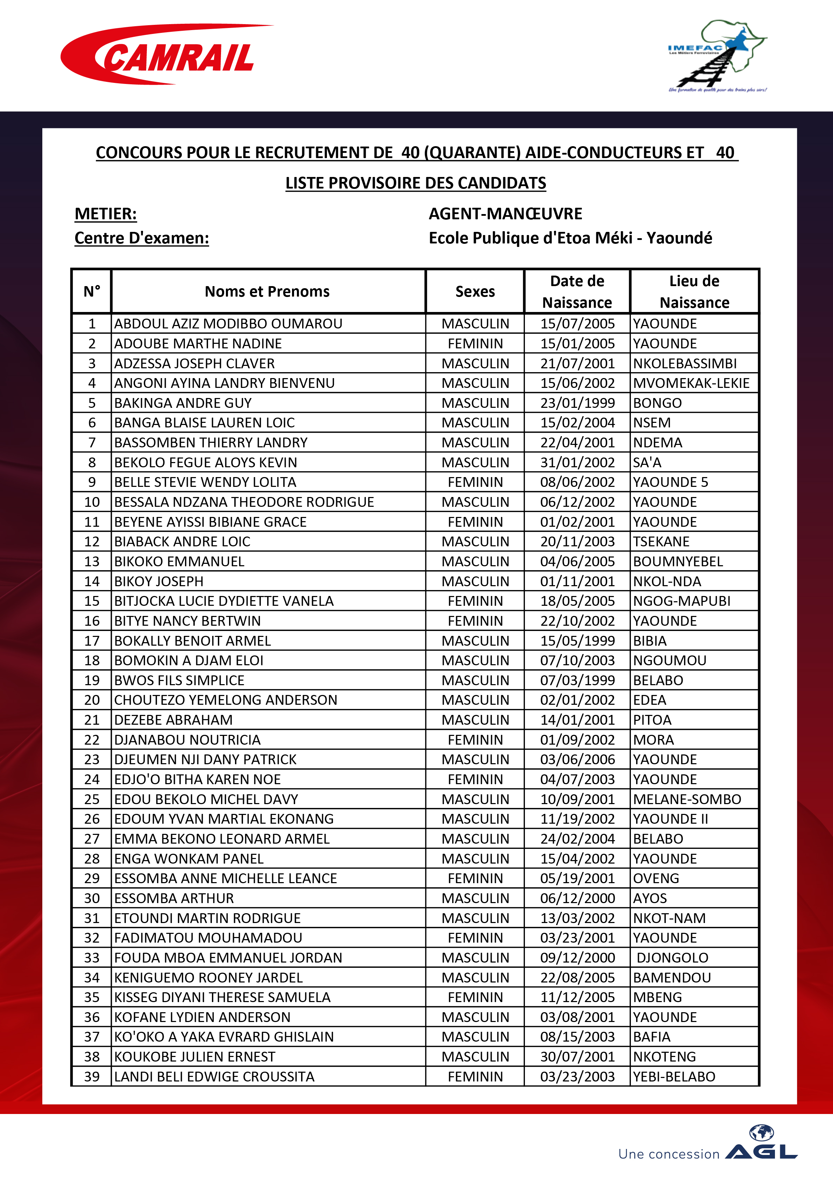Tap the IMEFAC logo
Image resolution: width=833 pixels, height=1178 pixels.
click(x=717, y=56)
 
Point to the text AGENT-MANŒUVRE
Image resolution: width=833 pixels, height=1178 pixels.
click(x=505, y=213)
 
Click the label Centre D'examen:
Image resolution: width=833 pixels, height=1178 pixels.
click(x=142, y=238)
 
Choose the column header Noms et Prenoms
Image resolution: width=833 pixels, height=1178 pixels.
click(x=267, y=291)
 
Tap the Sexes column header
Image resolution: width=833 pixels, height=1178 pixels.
click(x=475, y=291)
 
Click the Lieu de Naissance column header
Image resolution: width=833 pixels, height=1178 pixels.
click(x=694, y=291)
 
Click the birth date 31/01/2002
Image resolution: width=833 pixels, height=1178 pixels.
click(x=577, y=463)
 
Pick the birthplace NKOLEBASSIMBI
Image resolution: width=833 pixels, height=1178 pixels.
click(x=685, y=364)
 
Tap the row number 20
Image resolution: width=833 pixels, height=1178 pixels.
click(x=92, y=700)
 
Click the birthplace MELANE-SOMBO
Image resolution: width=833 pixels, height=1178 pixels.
click(x=687, y=799)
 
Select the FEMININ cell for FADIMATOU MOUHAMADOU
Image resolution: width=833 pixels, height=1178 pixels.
click(x=475, y=938)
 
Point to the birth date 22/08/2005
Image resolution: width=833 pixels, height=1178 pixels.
click(x=577, y=978)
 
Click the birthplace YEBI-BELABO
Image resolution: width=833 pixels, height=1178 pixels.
click(x=674, y=1077)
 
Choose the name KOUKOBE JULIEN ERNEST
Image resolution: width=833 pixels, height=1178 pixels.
click(x=194, y=1057)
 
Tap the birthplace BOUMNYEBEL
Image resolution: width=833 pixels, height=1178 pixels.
click(x=678, y=562)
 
